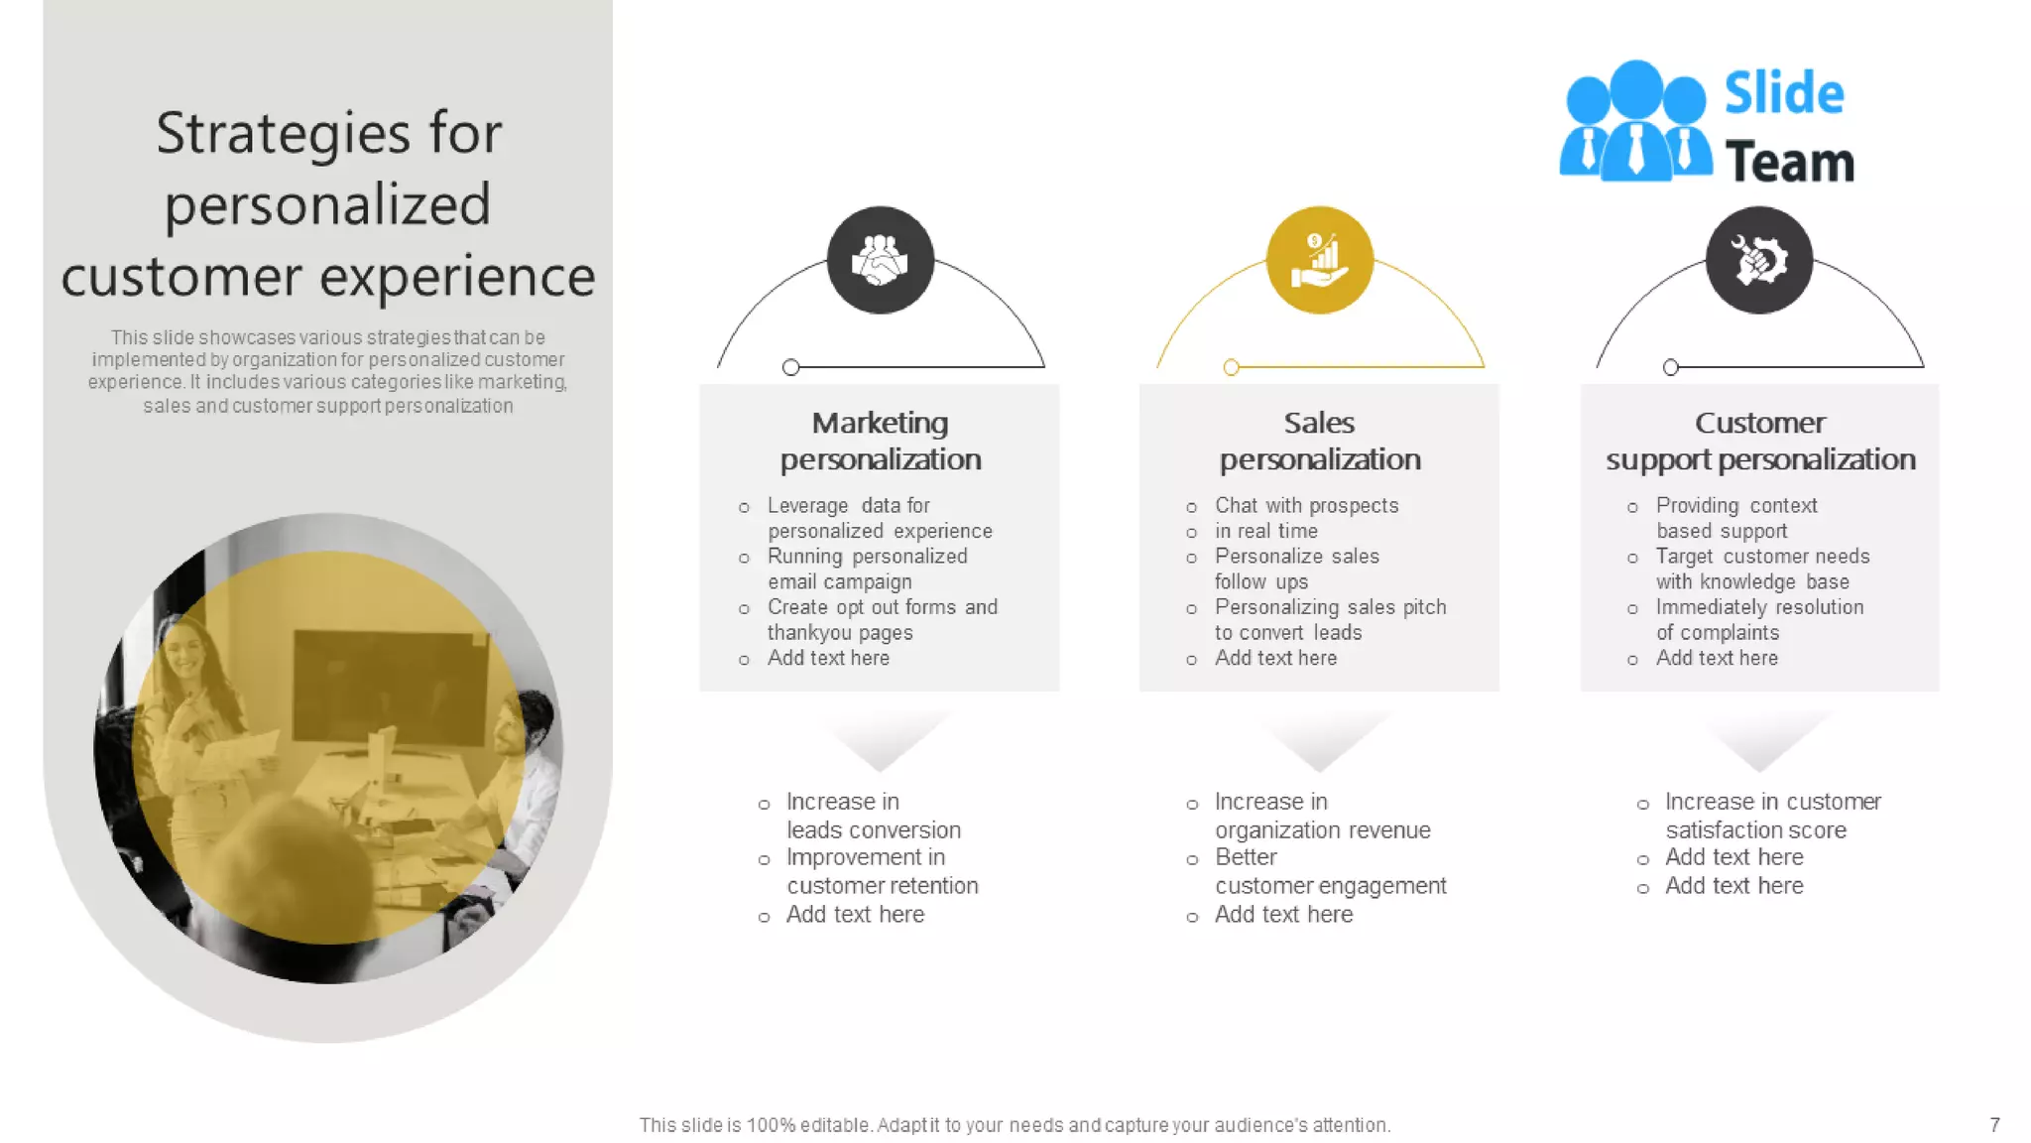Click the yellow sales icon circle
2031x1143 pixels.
(x=1319, y=260)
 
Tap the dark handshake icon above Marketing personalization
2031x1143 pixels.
(x=880, y=260)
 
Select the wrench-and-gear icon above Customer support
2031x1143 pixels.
(x=1759, y=260)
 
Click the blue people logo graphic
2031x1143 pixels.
(x=1634, y=123)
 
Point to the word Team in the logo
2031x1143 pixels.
(x=1789, y=163)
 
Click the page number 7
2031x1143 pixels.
(x=1994, y=1124)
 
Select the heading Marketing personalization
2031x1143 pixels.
(x=880, y=441)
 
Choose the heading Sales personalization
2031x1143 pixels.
(x=1319, y=441)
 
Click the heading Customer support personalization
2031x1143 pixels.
(x=1760, y=441)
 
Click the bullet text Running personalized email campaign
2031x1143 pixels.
(x=867, y=569)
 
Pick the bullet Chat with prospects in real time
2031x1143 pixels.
(x=1306, y=518)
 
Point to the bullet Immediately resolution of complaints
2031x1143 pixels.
(x=1759, y=619)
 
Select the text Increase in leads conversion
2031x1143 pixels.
(x=873, y=815)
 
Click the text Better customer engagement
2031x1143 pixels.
(x=1330, y=871)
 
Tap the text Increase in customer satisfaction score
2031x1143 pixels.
(x=1772, y=815)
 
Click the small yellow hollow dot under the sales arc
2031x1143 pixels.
(x=1231, y=367)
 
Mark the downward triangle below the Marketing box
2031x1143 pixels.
(x=880, y=742)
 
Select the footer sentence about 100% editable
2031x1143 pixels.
(x=1015, y=1124)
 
